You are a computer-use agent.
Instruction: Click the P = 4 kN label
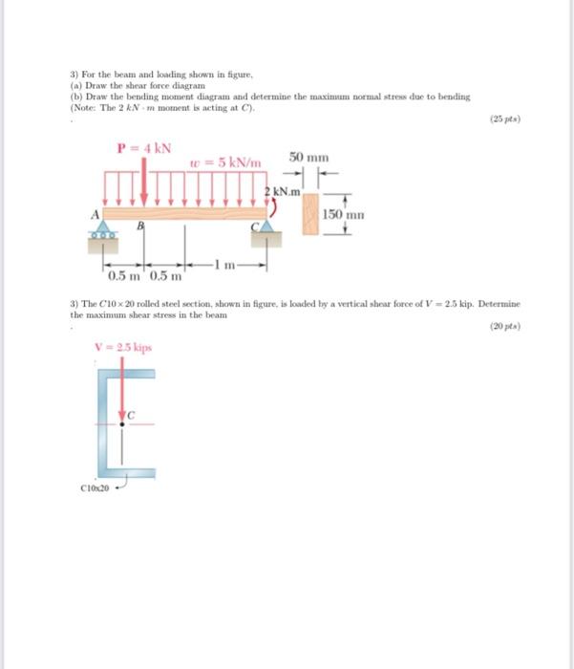coord(143,149)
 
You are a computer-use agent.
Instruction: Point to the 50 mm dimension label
coord(308,155)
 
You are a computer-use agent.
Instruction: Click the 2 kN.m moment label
coord(283,193)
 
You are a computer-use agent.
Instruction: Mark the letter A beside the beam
coord(95,213)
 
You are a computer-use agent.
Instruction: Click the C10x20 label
coord(96,486)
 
